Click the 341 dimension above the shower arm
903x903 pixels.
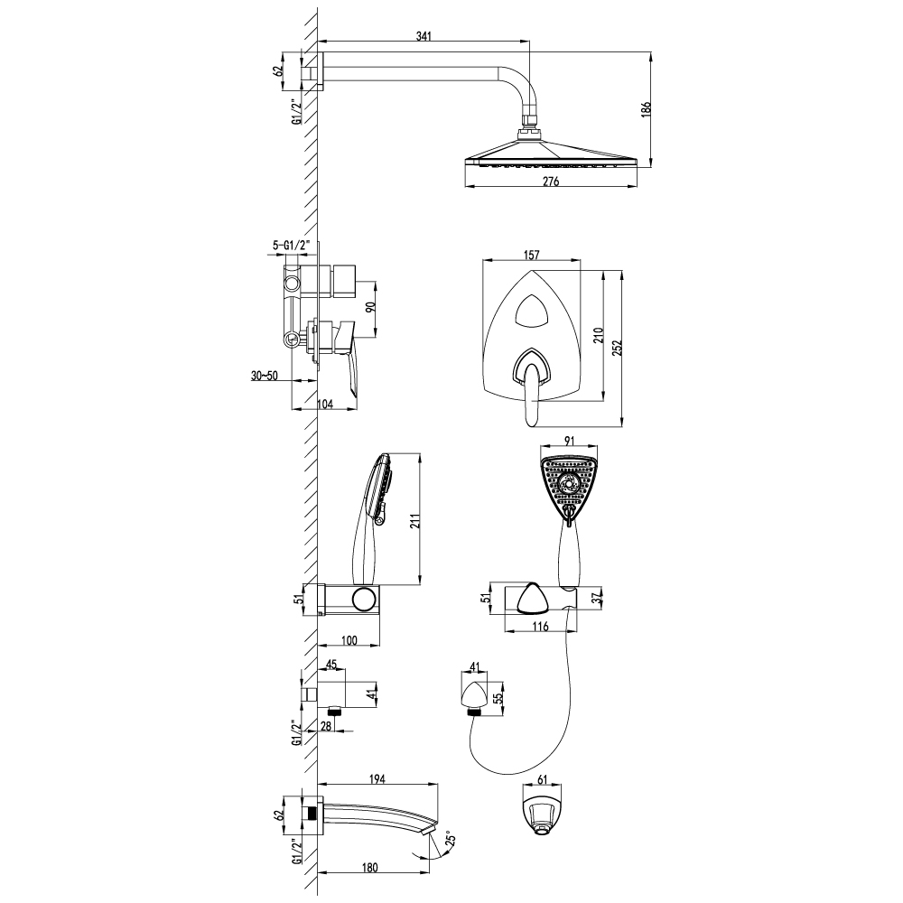coord(424,36)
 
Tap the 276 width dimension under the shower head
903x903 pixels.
coord(551,182)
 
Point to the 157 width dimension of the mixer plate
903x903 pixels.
coord(532,256)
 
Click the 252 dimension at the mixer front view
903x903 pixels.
coord(618,349)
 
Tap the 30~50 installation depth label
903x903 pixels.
coord(265,376)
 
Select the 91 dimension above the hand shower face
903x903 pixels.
coord(569,442)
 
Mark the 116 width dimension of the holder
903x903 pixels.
coord(540,627)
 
